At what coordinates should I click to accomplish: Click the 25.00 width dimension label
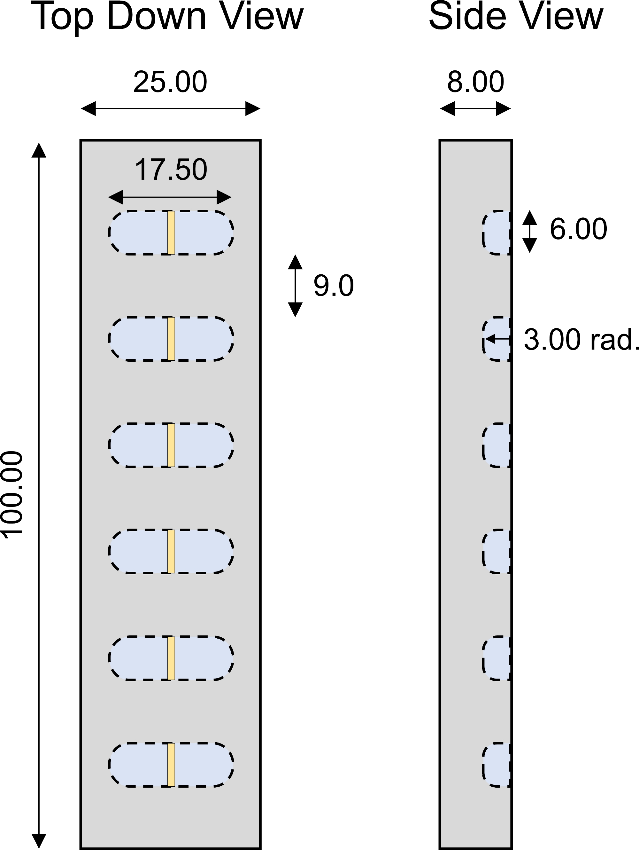[170, 82]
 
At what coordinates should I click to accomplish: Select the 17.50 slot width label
[171, 169]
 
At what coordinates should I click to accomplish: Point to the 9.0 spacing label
[333, 286]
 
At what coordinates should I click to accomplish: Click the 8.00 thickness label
[475, 82]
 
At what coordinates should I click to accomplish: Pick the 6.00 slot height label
[578, 229]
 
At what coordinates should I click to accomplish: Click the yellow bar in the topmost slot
[171, 232]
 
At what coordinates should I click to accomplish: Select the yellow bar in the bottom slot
[171, 765]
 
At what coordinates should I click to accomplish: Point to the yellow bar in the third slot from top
[171, 445]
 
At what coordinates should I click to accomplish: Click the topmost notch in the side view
[497, 232]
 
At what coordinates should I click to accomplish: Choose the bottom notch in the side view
[497, 765]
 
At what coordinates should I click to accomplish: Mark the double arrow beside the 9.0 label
[295, 286]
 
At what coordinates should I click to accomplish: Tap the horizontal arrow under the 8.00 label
[475, 108]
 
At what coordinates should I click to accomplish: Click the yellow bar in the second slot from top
[171, 339]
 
